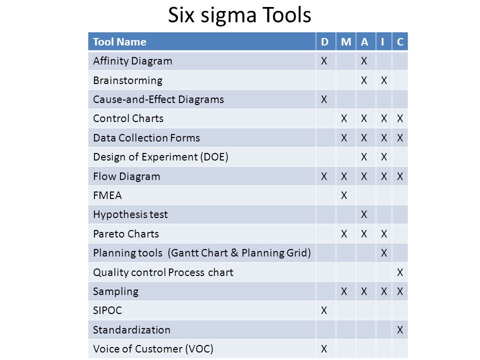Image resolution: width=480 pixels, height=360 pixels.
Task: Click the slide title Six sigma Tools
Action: (239, 15)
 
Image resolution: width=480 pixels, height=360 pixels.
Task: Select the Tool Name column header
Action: (119, 41)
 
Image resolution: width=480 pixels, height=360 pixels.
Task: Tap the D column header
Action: (324, 41)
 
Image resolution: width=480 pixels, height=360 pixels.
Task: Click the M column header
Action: (346, 41)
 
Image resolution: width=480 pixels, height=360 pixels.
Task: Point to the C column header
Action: (400, 41)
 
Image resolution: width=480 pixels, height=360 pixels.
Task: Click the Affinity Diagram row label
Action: (132, 61)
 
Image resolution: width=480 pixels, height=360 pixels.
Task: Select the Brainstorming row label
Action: (127, 80)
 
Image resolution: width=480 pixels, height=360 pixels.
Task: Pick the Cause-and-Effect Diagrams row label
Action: (158, 99)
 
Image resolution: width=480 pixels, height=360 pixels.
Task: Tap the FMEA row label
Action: (107, 195)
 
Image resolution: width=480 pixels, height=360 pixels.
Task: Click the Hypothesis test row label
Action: (130, 214)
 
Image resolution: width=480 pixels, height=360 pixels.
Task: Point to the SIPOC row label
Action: (107, 310)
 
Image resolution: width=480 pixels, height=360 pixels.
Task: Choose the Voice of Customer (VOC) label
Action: (153, 348)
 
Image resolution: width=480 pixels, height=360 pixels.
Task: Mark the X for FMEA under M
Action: (344, 195)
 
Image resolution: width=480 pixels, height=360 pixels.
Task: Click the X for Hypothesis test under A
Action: (364, 214)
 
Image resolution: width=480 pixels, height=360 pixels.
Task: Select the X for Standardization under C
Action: (400, 329)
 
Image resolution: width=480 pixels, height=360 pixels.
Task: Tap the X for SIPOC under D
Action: (324, 310)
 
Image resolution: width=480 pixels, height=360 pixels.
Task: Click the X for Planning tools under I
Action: (384, 253)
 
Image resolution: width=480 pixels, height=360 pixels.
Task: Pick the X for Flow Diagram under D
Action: (324, 176)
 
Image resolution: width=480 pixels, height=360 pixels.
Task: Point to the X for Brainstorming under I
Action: (384, 80)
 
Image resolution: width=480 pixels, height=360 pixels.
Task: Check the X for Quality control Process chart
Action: (400, 272)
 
